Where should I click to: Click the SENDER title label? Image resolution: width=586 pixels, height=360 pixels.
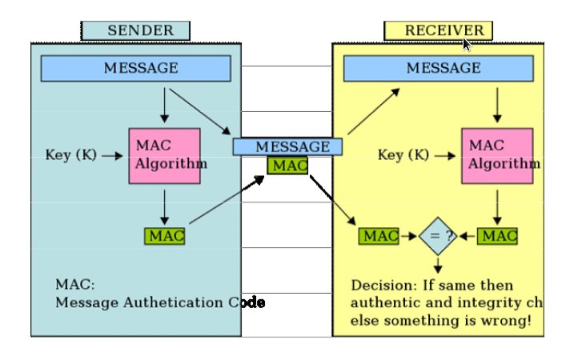click(x=135, y=30)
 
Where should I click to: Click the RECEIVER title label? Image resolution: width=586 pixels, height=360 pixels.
click(x=438, y=30)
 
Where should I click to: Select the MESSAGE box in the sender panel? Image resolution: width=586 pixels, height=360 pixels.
click(x=135, y=68)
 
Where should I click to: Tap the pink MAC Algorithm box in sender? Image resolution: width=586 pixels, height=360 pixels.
click(x=164, y=155)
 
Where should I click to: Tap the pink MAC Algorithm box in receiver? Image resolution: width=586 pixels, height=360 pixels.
click(x=497, y=155)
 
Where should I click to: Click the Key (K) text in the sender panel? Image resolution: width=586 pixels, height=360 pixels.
click(x=74, y=155)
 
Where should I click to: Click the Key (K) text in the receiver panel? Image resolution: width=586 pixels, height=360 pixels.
click(x=403, y=155)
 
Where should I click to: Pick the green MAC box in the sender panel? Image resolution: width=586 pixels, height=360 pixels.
click(x=165, y=236)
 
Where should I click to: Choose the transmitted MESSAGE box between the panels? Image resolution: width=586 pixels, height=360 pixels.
click(x=287, y=147)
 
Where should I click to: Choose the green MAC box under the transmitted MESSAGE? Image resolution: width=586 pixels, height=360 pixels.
click(x=287, y=166)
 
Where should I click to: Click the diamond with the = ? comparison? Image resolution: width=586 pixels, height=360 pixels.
click(x=438, y=237)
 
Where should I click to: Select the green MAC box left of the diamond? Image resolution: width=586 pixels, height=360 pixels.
click(x=379, y=237)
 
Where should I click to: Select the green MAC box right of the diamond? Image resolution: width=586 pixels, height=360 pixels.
click(x=498, y=237)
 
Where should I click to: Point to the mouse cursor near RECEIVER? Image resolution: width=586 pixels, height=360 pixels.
click(x=467, y=43)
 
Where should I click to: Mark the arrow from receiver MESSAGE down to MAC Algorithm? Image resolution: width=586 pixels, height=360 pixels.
click(x=498, y=104)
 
